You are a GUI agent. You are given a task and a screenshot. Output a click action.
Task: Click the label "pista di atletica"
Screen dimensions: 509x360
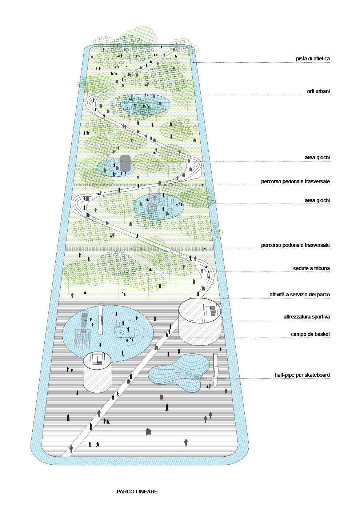pyautogui.click(x=313, y=59)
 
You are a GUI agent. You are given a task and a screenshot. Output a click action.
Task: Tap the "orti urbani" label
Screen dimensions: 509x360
pyautogui.click(x=318, y=91)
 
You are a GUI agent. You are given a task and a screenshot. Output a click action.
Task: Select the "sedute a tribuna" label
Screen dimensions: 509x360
pyautogui.click(x=311, y=269)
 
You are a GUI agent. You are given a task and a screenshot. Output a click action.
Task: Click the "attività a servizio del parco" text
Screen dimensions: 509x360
pyautogui.click(x=300, y=294)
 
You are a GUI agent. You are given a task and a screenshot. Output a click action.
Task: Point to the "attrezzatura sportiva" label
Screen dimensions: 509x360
pyautogui.click(x=307, y=317)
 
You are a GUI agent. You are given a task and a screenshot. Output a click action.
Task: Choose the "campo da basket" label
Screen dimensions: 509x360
pyautogui.click(x=310, y=334)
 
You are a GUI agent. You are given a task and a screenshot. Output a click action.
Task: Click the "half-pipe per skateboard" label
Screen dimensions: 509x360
pyautogui.click(x=302, y=375)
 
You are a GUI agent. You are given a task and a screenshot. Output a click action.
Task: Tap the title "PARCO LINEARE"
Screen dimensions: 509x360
pyautogui.click(x=137, y=492)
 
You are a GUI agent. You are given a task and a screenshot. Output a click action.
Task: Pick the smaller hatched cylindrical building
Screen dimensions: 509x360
pyautogui.click(x=97, y=373)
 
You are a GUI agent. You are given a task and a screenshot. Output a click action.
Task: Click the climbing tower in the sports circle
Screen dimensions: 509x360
pyautogui.click(x=84, y=329)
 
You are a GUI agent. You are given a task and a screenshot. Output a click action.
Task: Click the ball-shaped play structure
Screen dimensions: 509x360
pyautogui.click(x=152, y=208)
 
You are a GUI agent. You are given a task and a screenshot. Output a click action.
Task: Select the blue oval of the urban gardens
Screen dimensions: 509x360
pyautogui.click(x=145, y=105)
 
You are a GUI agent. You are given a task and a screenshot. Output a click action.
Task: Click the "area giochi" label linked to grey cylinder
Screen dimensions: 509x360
pyautogui.click(x=317, y=158)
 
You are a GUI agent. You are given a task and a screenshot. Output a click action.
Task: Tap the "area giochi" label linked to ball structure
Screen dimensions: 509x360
pyautogui.click(x=317, y=201)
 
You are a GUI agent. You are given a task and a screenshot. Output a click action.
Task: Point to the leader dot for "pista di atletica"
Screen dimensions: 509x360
pyautogui.click(x=194, y=63)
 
